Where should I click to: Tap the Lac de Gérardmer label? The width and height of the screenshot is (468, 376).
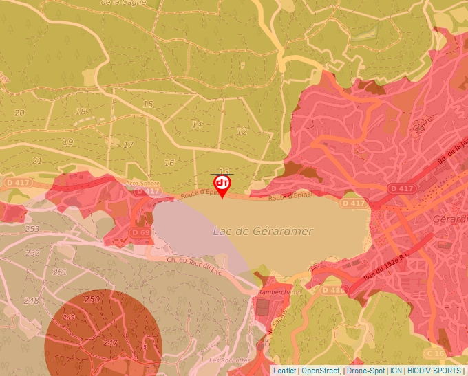[x=262, y=232]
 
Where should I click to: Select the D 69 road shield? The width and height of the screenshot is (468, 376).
[x=140, y=233]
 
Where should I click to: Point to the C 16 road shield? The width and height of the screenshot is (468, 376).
[x=435, y=353]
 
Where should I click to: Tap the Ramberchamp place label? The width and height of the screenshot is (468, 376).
[x=276, y=292]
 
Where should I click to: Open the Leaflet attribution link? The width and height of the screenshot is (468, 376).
[x=284, y=371]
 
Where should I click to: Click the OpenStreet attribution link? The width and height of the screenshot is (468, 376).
[x=320, y=371]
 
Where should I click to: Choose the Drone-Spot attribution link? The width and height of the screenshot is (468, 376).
[x=365, y=371]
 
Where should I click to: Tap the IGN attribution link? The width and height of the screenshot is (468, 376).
[x=396, y=371]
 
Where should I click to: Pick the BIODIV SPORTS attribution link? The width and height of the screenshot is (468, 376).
[x=434, y=371]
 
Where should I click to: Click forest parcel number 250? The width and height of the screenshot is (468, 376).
[x=91, y=300]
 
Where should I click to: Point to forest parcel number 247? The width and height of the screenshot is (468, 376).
[x=110, y=342]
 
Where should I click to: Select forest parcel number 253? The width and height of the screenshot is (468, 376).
[x=32, y=229]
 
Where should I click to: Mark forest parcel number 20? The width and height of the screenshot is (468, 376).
[x=19, y=113]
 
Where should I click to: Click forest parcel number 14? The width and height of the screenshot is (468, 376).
[x=198, y=124]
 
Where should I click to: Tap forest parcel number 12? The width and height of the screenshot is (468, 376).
[x=242, y=131]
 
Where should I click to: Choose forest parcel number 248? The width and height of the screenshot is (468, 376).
[x=30, y=301]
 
